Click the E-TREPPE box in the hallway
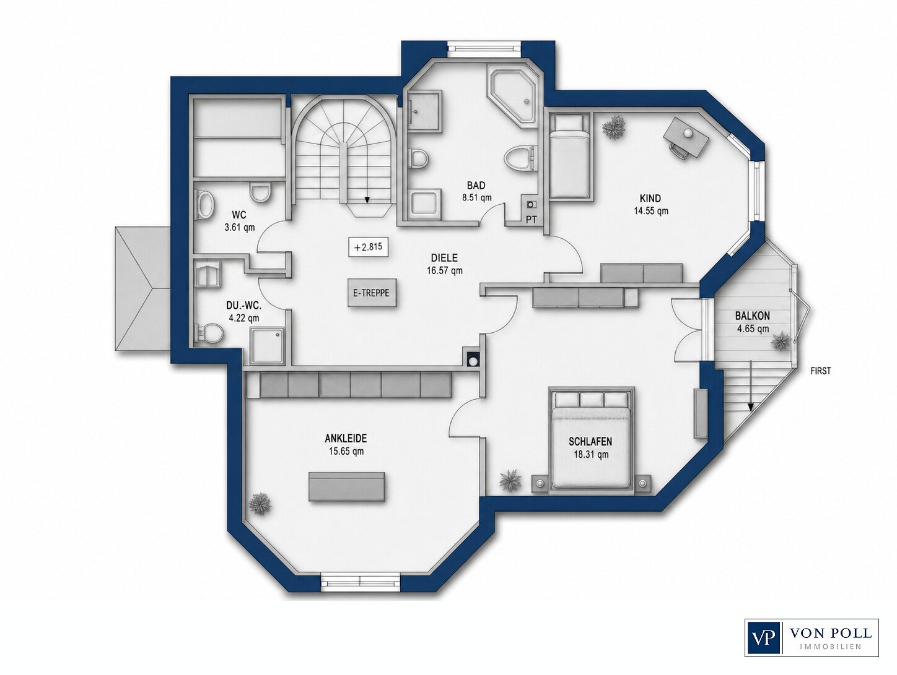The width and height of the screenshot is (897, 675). (x=372, y=293)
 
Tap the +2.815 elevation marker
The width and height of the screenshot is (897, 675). (x=368, y=247)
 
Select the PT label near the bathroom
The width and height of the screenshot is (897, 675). (x=532, y=220)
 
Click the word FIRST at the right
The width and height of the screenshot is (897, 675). (x=821, y=371)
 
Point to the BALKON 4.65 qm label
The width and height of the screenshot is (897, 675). (x=752, y=322)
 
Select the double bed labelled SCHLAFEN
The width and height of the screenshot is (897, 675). (x=590, y=440)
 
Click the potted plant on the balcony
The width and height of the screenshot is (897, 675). (x=781, y=340)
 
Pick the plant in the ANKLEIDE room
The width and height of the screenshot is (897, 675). (x=260, y=504)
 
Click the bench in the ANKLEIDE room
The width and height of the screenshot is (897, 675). (x=346, y=486)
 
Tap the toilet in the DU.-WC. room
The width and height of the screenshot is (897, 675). (x=209, y=333)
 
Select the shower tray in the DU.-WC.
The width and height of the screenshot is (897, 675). (x=267, y=345)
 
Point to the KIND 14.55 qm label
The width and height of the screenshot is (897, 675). (x=651, y=204)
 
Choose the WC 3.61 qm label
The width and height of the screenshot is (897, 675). (x=240, y=221)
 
